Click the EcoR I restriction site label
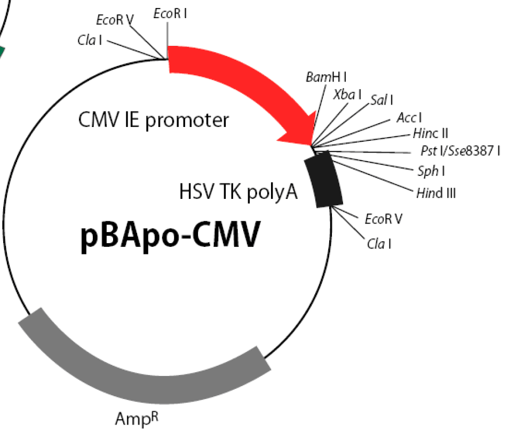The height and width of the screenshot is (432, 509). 170,14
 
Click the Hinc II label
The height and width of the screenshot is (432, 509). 430,131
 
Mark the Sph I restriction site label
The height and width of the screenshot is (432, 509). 432,171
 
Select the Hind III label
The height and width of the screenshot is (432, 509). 436,193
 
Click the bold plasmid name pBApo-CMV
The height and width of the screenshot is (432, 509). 171,236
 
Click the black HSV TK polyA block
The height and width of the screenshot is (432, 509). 323,182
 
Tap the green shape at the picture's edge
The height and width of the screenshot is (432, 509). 2,52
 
